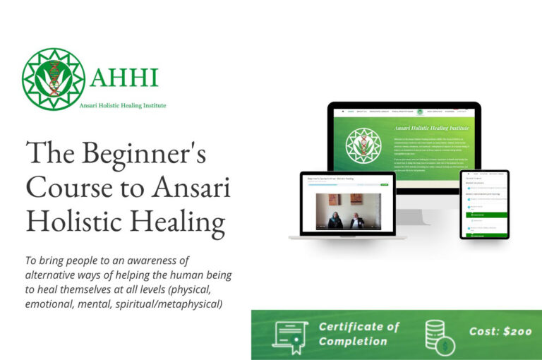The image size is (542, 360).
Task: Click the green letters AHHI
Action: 124,76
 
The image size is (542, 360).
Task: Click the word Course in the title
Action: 67,188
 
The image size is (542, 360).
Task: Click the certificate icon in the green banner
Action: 291,334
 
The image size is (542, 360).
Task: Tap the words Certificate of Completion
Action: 359,334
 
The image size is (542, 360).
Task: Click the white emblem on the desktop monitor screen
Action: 363,145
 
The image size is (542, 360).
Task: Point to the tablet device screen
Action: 484,204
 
